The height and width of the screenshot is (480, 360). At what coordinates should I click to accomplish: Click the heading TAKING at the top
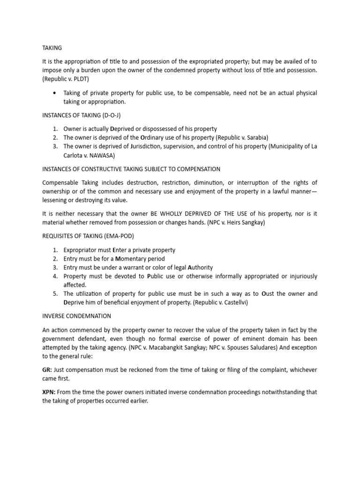click(x=52, y=48)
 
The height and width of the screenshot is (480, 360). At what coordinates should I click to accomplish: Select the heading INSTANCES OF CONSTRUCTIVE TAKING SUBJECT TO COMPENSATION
click(x=131, y=169)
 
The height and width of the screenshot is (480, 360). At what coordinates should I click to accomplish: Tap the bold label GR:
click(x=47, y=370)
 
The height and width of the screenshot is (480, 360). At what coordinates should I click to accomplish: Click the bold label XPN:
click(x=49, y=392)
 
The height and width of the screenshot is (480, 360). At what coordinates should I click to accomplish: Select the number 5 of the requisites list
click(x=54, y=294)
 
